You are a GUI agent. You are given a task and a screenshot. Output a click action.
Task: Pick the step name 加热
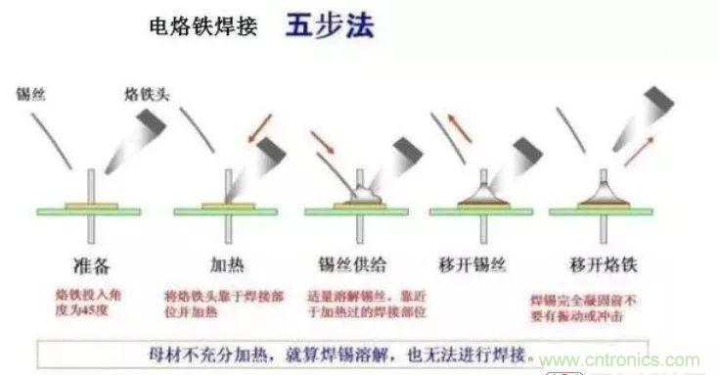tap(227, 263)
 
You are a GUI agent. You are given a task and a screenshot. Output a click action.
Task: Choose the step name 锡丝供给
tap(353, 263)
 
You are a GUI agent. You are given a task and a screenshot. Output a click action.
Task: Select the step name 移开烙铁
tap(598, 263)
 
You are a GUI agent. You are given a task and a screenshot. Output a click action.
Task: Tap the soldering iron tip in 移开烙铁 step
tap(663, 103)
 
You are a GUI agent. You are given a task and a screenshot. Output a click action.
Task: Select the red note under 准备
tap(89, 300)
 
